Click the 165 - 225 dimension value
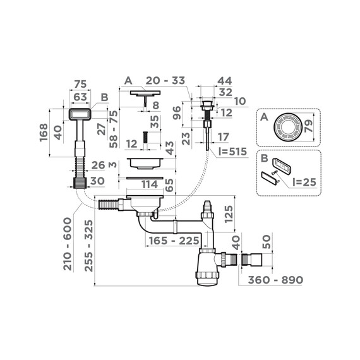click(172, 241)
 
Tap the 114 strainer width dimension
click(148, 184)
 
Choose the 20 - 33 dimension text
click(164, 81)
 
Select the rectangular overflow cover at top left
click(80, 114)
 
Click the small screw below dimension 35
click(145, 137)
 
